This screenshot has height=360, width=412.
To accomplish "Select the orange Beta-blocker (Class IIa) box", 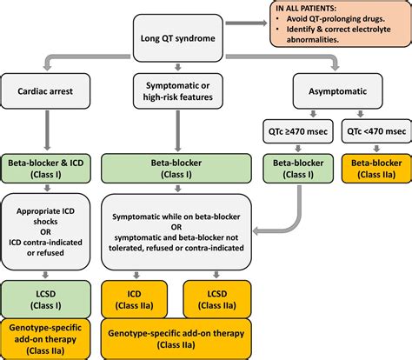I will click(x=375, y=166).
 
